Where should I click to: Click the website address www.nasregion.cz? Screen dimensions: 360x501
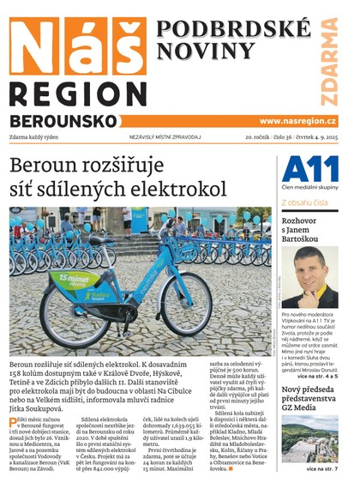pyautogui.click(x=297, y=122)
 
